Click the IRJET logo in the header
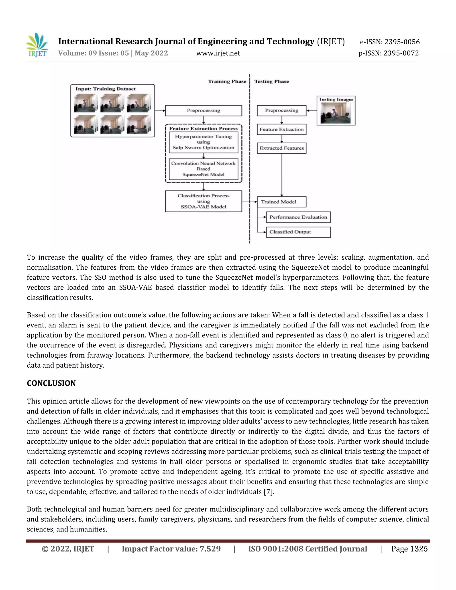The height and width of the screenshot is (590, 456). coord(37,45)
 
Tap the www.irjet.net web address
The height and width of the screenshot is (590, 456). coord(218,53)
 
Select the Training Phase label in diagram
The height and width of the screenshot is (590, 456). coord(227,81)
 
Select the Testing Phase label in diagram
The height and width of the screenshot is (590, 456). coord(271,81)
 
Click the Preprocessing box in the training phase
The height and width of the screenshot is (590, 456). coord(204,110)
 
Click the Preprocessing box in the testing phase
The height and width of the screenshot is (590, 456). coord(281,110)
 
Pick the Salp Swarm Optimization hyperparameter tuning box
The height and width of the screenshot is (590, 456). coord(204,142)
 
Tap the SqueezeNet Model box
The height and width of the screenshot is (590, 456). coord(204,169)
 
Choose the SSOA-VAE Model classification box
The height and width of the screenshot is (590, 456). coord(204,201)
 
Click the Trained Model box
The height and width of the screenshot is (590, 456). coord(281,202)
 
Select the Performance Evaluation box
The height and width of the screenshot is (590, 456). coord(298,217)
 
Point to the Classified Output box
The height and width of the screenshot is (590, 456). coord(298,232)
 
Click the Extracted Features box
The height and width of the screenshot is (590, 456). coord(281,148)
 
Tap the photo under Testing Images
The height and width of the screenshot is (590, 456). coord(336,113)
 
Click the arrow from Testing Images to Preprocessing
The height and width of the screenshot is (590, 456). coord(311,110)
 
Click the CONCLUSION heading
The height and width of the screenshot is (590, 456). coord(51,383)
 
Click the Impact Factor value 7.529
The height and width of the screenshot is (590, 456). coord(210,549)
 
